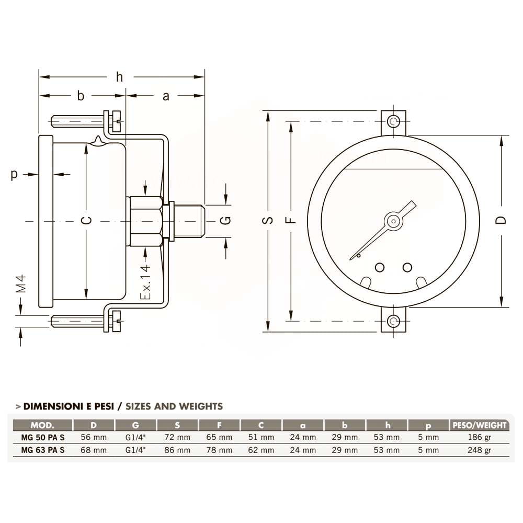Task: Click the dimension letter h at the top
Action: pyautogui.click(x=120, y=77)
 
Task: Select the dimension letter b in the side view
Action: pyautogui.click(x=81, y=96)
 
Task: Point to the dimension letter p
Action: pyautogui.click(x=14, y=175)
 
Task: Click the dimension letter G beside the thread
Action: pyautogui.click(x=225, y=220)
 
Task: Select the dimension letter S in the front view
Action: pyautogui.click(x=268, y=220)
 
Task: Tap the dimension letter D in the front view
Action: pyautogui.click(x=501, y=220)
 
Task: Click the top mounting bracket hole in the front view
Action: pyautogui.click(x=393, y=121)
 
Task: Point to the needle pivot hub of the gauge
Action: pyautogui.click(x=393, y=220)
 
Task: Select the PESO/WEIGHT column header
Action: pyautogui.click(x=479, y=425)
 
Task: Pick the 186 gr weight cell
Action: pyautogui.click(x=480, y=437)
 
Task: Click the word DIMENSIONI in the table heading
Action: pyautogui.click(x=54, y=406)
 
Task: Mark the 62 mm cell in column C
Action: pyautogui.click(x=261, y=450)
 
